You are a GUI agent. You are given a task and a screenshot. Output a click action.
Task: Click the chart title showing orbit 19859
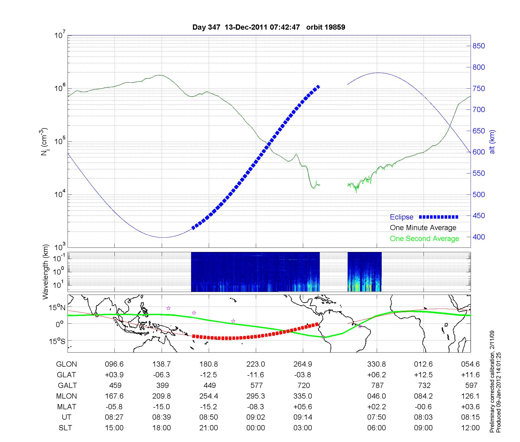(x=269, y=27)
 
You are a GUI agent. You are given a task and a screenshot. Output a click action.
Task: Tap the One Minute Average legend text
(x=423, y=228)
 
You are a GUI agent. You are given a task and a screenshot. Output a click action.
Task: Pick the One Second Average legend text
(x=424, y=239)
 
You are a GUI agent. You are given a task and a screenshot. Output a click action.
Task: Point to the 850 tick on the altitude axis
(x=479, y=46)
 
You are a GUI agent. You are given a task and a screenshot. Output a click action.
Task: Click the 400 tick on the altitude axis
(x=479, y=237)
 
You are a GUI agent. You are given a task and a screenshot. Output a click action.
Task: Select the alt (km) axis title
(x=492, y=142)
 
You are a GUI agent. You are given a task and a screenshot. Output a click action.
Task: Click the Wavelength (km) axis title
(x=45, y=272)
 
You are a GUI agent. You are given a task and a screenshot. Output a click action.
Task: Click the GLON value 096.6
(x=114, y=364)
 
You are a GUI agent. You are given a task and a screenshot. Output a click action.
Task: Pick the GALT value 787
(x=377, y=385)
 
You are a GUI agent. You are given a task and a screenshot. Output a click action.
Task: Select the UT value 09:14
(x=303, y=417)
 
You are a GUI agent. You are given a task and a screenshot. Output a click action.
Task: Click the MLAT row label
(x=67, y=407)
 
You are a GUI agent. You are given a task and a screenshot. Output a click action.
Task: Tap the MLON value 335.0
(x=303, y=396)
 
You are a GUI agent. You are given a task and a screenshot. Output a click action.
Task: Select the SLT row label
(x=65, y=428)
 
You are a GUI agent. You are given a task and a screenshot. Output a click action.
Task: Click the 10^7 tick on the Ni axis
(x=60, y=35)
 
